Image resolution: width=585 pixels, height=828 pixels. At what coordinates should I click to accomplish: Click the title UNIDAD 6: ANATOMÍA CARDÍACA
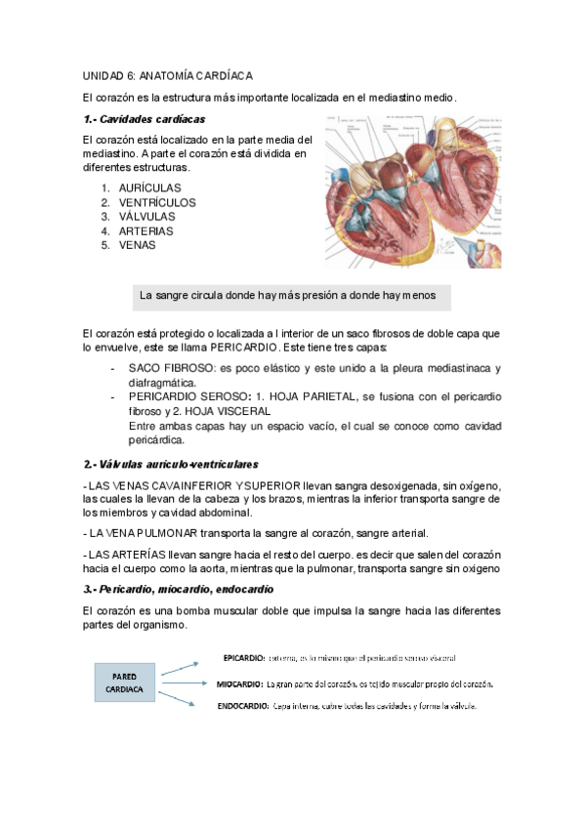(168, 75)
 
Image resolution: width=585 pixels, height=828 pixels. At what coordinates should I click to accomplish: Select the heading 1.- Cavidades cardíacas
(145, 119)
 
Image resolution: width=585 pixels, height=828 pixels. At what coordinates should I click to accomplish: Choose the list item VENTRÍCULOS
(157, 202)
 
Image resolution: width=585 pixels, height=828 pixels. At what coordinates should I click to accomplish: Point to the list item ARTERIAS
(146, 231)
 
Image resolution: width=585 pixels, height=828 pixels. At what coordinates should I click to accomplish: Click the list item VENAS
(137, 246)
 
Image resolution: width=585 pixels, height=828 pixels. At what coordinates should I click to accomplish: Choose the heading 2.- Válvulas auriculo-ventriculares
(171, 464)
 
